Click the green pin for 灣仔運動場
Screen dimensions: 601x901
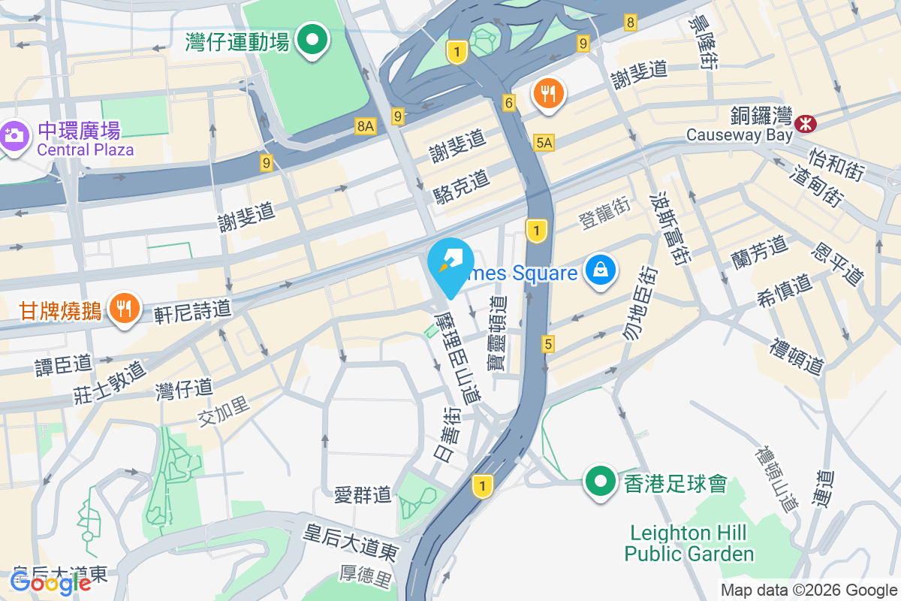point(312,40)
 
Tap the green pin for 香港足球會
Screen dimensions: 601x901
point(599,481)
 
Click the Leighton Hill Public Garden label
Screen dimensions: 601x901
point(689,544)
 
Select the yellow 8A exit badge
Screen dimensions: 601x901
point(365,127)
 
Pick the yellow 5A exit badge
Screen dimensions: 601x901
point(544,142)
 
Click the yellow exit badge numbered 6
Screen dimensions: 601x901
point(510,103)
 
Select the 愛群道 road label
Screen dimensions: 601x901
point(363,494)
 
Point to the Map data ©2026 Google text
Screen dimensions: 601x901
point(809,590)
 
